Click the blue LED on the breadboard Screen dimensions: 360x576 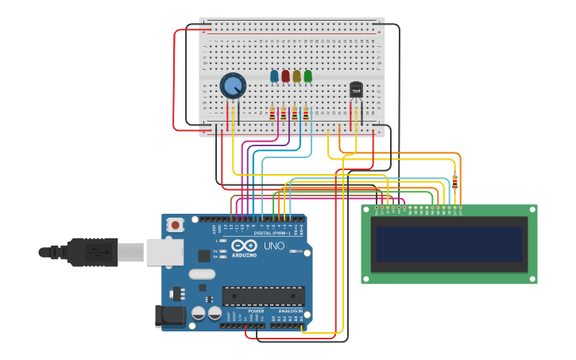[274, 76]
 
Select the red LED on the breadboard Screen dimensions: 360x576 [285, 76]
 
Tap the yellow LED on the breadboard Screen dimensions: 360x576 [296, 76]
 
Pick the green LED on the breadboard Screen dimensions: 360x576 [307, 76]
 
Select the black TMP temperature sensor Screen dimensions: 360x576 [356, 90]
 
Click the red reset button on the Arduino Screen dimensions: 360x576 [175, 226]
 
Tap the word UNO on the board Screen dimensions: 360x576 [274, 246]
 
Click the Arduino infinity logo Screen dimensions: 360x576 [245, 246]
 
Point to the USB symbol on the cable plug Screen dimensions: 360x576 [93, 252]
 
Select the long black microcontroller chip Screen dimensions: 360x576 [263, 296]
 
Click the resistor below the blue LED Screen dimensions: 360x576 [272, 114]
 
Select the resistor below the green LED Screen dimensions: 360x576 [305, 114]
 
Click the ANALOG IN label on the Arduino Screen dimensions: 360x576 [290, 311]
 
